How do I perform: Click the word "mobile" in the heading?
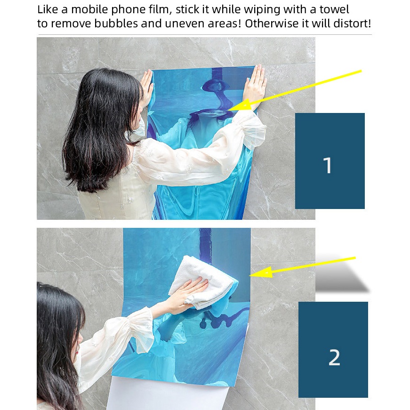(x=89, y=9)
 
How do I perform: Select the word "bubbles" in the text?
(x=116, y=24)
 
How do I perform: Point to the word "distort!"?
(x=352, y=24)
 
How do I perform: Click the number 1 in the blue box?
(x=328, y=165)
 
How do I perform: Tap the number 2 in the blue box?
(x=334, y=357)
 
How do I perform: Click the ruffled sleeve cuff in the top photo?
(x=249, y=129)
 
